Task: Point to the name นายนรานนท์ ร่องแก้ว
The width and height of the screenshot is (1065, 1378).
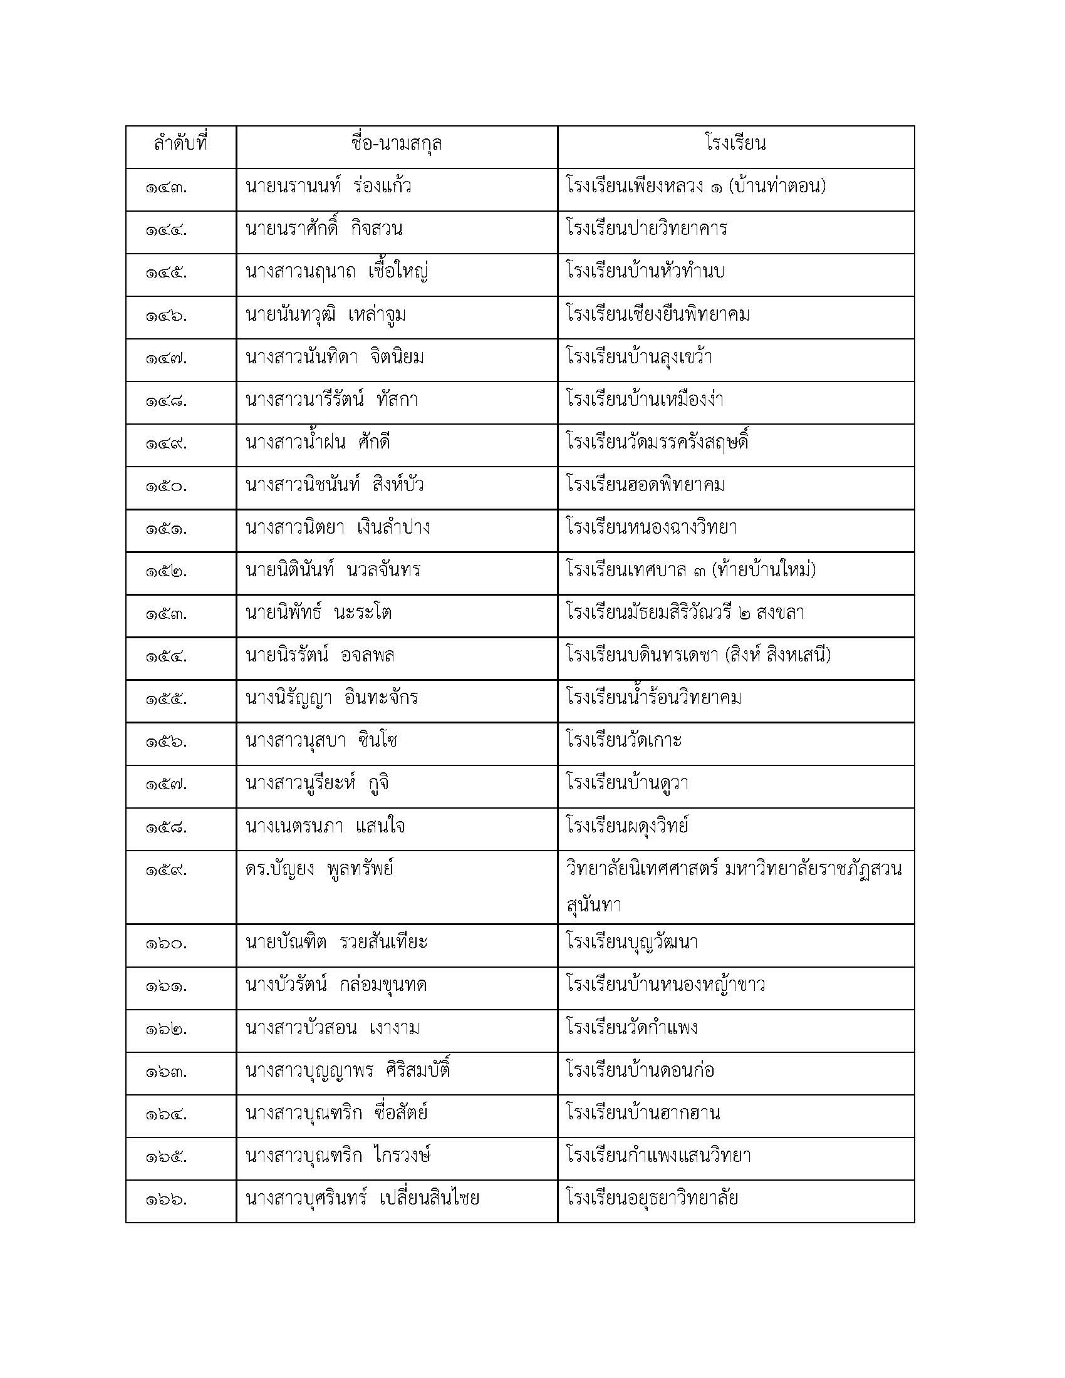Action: tap(328, 187)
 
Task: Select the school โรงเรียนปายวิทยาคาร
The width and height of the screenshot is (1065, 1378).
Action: tap(647, 229)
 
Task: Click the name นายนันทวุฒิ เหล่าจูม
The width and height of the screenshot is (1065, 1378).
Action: tap(325, 314)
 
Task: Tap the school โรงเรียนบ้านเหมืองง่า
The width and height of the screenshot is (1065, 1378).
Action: tap(645, 400)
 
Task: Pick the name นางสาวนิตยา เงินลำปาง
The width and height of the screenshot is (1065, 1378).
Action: tap(338, 527)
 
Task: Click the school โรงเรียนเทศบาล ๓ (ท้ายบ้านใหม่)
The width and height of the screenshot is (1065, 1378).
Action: tap(691, 571)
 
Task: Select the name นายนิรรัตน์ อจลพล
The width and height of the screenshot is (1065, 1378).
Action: tap(320, 656)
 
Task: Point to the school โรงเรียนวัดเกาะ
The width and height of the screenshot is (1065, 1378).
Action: tap(624, 740)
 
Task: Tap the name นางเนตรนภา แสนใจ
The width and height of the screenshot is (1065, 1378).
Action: tap(325, 826)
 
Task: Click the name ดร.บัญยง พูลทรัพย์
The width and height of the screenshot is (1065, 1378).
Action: tap(319, 869)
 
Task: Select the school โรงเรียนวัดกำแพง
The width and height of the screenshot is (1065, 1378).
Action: tap(631, 1028)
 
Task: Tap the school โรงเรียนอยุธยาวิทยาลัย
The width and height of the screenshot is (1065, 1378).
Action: tap(652, 1198)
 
